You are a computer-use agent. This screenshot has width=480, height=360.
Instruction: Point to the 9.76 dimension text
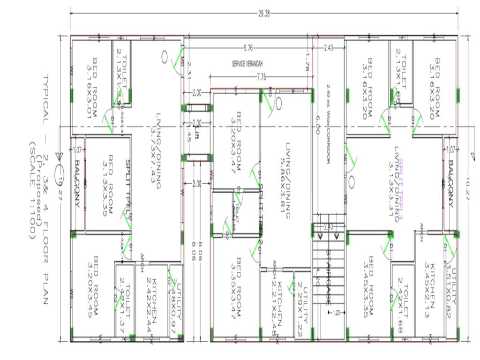pos(248,48)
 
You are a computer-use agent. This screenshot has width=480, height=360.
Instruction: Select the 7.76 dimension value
pos(261,77)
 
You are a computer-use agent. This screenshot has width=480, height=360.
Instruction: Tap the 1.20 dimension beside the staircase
pos(336,312)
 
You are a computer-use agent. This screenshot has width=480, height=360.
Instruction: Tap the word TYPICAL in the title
pos(45,99)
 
